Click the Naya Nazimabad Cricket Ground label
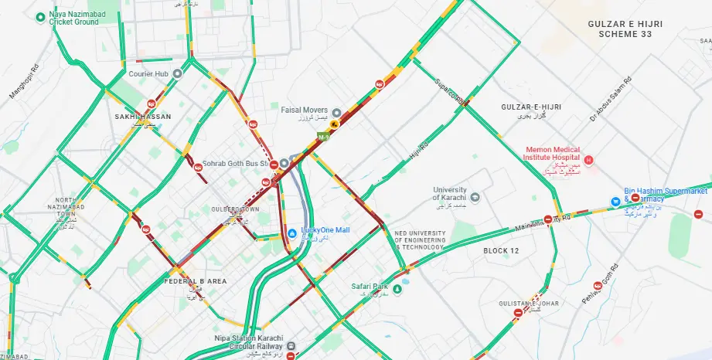tap(73, 18)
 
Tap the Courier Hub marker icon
tap(177, 74)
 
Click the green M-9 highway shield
tap(322, 137)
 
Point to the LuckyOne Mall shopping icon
tap(291, 231)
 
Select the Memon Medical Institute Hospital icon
tap(588, 161)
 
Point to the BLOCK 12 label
tap(501, 251)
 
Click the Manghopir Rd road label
tap(24, 80)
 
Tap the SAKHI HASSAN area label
tap(143, 116)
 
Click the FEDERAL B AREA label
tap(196, 281)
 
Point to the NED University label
tap(420, 239)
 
